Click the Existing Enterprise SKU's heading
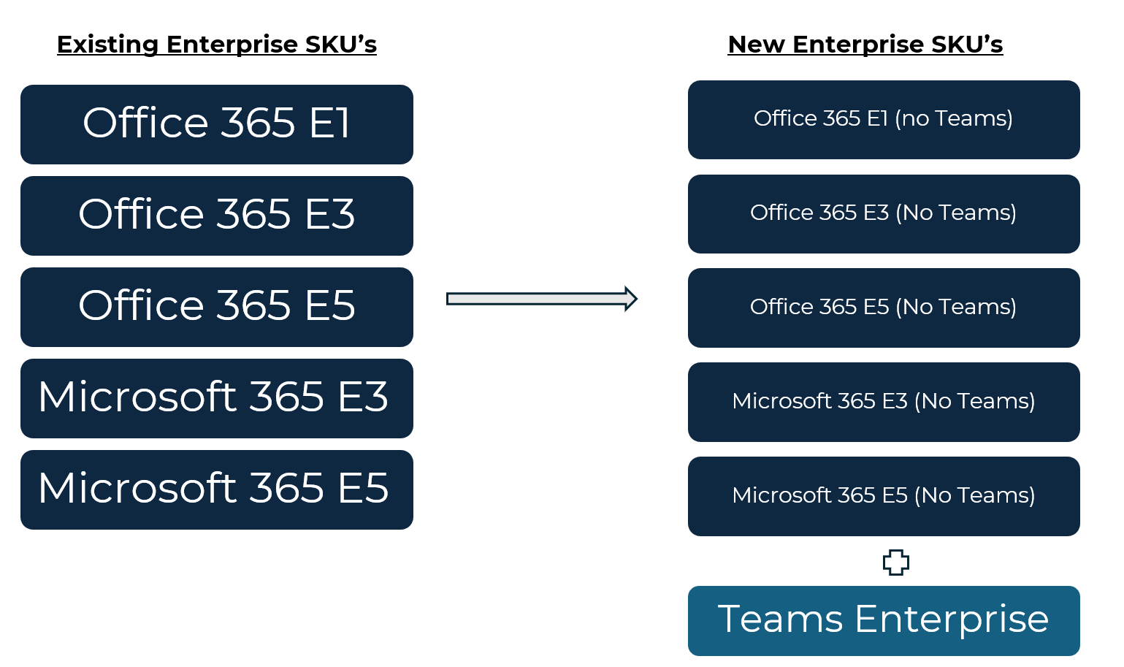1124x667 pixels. [217, 45]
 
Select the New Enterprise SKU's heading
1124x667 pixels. [865, 45]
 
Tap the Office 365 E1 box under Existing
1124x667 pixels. [217, 124]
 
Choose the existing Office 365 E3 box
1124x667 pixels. [217, 216]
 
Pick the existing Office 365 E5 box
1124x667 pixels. [217, 307]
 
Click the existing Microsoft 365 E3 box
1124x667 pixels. [217, 398]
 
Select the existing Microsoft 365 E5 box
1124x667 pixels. [217, 489]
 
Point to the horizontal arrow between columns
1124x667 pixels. [542, 299]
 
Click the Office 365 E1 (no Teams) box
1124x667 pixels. [884, 120]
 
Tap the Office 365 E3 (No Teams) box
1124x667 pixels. [884, 214]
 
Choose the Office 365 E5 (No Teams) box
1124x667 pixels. [884, 308]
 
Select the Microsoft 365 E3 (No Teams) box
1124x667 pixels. [884, 402]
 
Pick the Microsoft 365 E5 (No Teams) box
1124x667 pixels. [884, 496]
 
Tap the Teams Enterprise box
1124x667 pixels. [884, 621]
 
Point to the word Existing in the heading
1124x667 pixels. [107, 45]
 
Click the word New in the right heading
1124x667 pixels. [756, 45]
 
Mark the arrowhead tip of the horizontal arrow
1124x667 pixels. [638, 299]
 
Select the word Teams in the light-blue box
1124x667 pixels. [780, 619]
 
